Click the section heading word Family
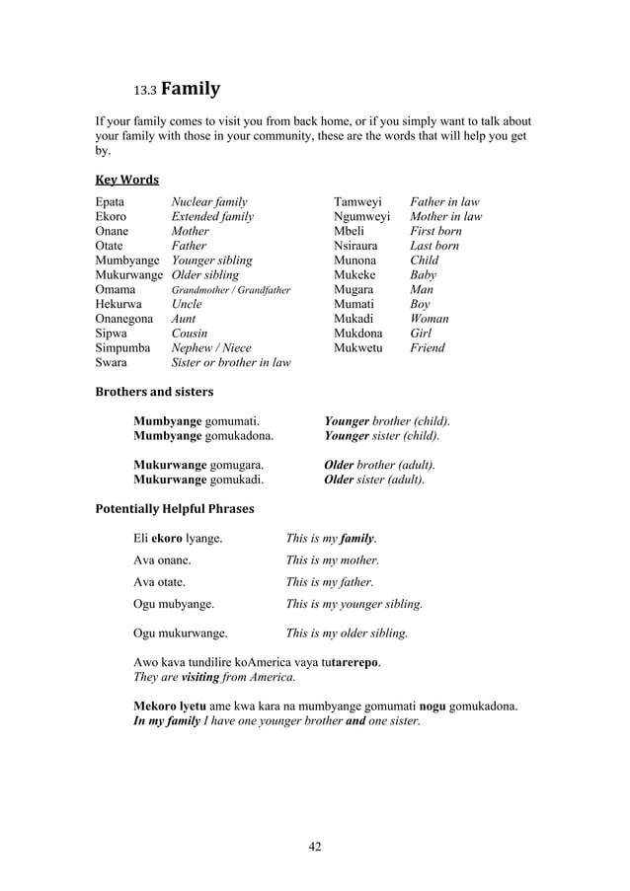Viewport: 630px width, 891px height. pos(194,92)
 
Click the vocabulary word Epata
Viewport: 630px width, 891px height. pos(110,201)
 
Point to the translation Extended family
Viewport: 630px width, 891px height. pos(212,216)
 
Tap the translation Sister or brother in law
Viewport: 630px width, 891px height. pos(231,362)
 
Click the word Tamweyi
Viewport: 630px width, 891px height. pos(356,201)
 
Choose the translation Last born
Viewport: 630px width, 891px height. pos(435,246)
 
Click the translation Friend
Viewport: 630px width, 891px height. pos(428,347)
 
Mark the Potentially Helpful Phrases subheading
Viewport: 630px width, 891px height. pos(174,509)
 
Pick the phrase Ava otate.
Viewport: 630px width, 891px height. pos(160,581)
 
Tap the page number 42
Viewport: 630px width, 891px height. pos(315,846)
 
